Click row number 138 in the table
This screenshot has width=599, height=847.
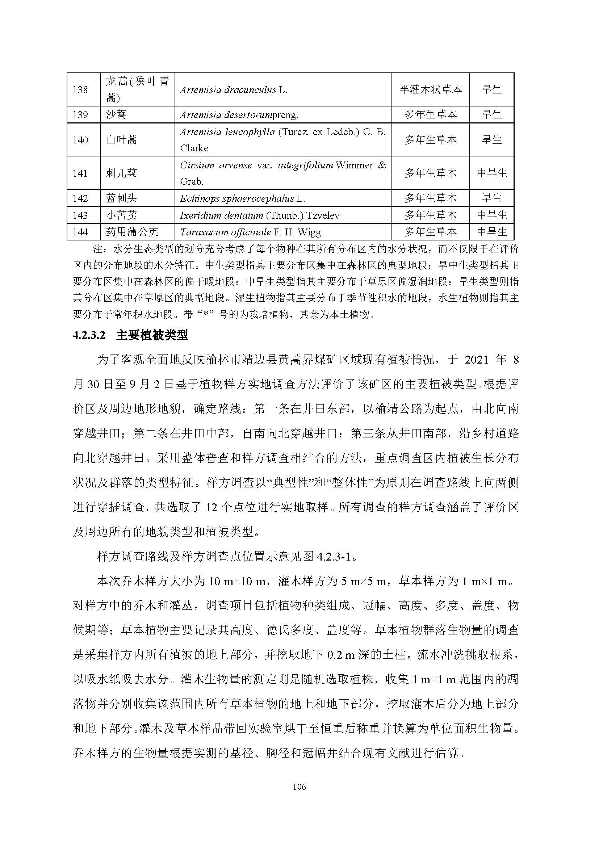tap(80, 90)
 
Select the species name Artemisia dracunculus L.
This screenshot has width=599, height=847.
tap(233, 90)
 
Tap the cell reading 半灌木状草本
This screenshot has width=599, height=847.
tap(431, 90)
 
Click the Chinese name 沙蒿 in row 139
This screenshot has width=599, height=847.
tap(116, 115)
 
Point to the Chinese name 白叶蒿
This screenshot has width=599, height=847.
tap(121, 140)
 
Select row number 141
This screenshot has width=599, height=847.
tap(80, 173)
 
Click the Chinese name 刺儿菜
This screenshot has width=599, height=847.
tap(121, 173)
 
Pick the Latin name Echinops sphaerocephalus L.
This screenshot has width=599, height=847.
tap(242, 198)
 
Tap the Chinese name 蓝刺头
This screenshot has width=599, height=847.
tap(121, 198)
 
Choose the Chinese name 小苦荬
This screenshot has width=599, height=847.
tap(121, 215)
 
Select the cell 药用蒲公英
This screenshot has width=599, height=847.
tap(132, 232)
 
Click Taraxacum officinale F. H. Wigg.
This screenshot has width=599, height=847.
tap(251, 232)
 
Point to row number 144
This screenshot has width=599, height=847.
tap(80, 232)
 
